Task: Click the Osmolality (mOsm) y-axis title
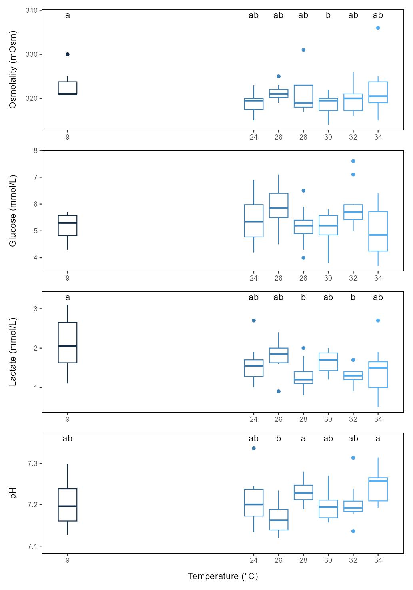[x=13, y=70]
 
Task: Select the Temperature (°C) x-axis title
[x=223, y=576]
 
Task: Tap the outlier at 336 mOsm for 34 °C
[x=378, y=28]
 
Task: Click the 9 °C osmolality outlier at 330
[x=68, y=54]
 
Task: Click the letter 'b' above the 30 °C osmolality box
[x=328, y=16]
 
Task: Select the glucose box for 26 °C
[x=279, y=205]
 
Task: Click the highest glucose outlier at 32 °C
[x=353, y=161]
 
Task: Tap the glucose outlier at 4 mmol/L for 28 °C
[x=303, y=258]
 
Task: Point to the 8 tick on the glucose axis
[x=35, y=151]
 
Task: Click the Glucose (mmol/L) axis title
[x=13, y=211]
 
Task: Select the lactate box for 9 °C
[x=68, y=343]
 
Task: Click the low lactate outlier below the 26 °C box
[x=279, y=391]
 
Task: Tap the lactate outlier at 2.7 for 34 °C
[x=378, y=321]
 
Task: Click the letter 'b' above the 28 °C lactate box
[x=303, y=297]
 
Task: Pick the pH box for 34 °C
[x=378, y=489]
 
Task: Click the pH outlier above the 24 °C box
[x=254, y=448]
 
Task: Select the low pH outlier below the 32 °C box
[x=353, y=531]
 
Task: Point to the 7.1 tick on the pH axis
[x=32, y=546]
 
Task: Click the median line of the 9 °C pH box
[x=68, y=506]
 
